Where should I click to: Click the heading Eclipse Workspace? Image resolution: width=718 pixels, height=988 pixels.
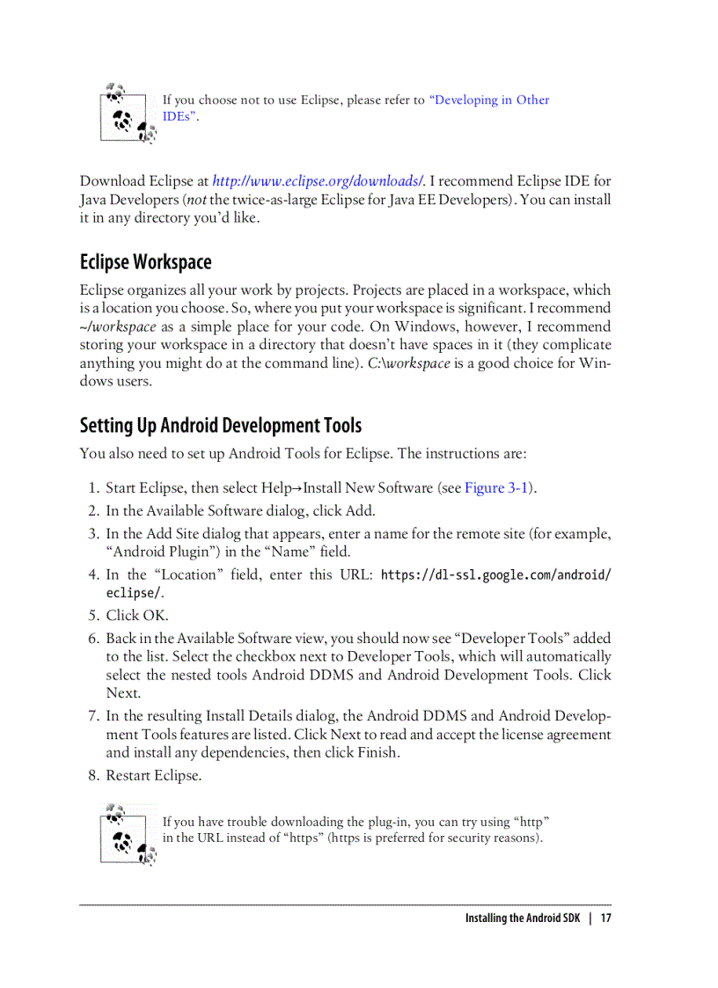pyautogui.click(x=146, y=262)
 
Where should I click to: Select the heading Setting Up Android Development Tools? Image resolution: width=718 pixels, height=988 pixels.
pyautogui.click(x=221, y=426)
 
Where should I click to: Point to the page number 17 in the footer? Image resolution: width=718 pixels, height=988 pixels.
pyautogui.click(x=604, y=918)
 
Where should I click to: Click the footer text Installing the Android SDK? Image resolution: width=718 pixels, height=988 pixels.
pyautogui.click(x=523, y=918)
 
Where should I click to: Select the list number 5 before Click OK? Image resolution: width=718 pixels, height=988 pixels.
pyautogui.click(x=93, y=616)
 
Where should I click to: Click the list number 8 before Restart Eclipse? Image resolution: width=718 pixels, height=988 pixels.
pyautogui.click(x=93, y=776)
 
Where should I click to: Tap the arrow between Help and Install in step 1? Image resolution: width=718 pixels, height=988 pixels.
pyautogui.click(x=297, y=488)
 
